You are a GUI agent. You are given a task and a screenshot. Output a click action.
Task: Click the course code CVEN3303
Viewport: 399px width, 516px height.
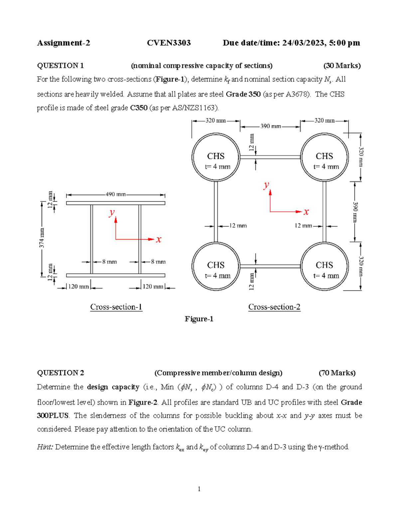point(169,43)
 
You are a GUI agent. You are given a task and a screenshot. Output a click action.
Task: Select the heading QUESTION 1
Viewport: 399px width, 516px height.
point(60,66)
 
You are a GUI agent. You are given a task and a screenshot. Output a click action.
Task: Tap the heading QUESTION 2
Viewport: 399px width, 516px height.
point(61,373)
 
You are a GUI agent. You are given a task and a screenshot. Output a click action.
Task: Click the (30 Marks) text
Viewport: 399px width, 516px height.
point(342,66)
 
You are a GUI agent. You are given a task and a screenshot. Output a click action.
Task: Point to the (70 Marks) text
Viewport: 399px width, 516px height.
point(337,373)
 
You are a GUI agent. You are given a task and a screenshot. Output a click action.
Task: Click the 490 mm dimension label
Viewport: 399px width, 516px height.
point(115,194)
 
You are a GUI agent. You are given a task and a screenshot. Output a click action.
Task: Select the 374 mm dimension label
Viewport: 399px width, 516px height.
point(42,238)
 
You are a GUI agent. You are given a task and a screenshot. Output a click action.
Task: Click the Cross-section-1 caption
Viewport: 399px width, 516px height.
point(116,307)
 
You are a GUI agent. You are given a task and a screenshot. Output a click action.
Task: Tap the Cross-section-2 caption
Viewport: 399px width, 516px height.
point(274,307)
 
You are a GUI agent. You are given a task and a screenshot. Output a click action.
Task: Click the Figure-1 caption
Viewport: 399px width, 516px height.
point(199,319)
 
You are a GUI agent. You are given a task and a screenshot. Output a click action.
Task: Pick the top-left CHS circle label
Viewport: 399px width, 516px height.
point(216,156)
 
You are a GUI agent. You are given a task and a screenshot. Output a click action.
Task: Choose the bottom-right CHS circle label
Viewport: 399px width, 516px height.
point(324,265)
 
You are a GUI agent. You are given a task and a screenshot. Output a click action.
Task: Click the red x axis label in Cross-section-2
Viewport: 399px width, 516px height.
point(306,212)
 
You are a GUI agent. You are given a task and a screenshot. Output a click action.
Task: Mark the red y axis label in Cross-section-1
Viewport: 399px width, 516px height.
point(112,213)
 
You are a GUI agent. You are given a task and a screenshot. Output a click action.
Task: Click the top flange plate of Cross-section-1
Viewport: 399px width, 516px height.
point(115,203)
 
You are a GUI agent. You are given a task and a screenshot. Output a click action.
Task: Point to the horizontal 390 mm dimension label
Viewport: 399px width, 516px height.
point(270,126)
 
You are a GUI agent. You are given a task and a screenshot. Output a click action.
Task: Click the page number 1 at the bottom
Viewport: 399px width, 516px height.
point(199,489)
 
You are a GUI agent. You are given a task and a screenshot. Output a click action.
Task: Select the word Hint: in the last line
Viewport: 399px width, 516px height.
point(45,447)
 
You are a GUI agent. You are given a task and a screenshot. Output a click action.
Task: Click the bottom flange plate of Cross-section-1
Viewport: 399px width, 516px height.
point(115,275)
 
